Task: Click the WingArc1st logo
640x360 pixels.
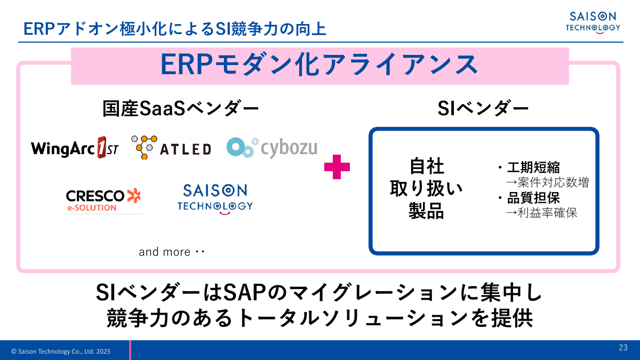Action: click(x=75, y=148)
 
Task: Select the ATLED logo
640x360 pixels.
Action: click(x=171, y=147)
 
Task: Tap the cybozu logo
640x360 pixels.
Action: click(x=271, y=147)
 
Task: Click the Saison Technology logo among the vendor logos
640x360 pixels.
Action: click(x=215, y=199)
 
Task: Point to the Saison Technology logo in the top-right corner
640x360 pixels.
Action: click(x=593, y=22)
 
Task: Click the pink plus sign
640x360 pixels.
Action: click(x=337, y=167)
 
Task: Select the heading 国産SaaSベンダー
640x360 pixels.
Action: click(x=181, y=109)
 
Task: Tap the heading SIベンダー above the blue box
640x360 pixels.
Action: click(x=483, y=109)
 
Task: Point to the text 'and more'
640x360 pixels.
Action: click(x=165, y=252)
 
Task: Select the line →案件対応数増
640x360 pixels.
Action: click(x=547, y=182)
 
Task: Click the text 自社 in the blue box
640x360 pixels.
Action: click(x=427, y=166)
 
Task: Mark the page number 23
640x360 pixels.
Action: click(x=623, y=348)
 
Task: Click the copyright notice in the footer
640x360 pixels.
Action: click(x=61, y=351)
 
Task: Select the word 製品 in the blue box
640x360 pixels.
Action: click(x=427, y=211)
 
